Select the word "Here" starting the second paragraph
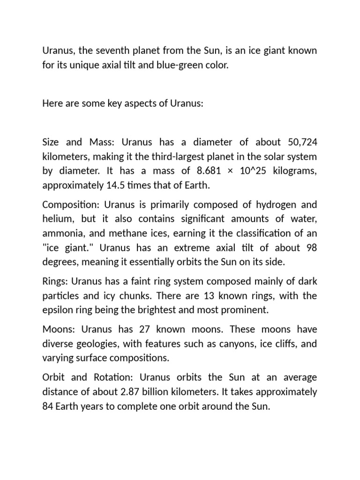point(52,103)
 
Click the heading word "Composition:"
point(70,204)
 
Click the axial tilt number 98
point(311,247)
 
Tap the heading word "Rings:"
point(55,281)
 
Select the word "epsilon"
point(56,310)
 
